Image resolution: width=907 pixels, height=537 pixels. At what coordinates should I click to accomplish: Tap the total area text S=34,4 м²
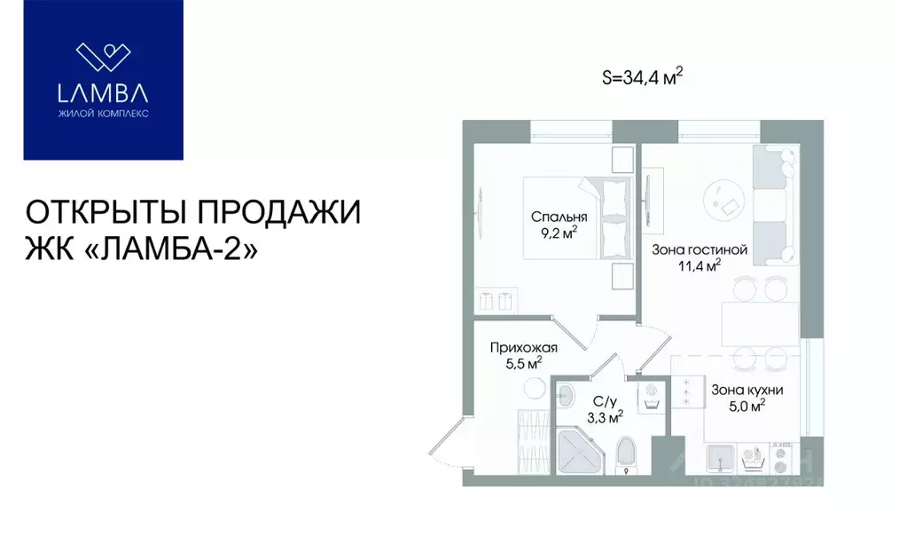click(x=642, y=77)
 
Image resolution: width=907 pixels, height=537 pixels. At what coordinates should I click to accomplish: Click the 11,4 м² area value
click(x=700, y=264)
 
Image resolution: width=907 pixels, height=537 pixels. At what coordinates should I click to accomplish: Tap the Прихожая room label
click(x=523, y=347)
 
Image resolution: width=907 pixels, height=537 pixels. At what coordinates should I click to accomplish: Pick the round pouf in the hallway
click(x=533, y=387)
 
